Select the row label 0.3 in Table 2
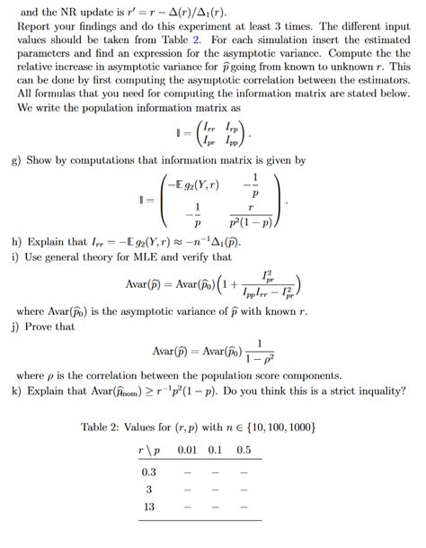click(x=149, y=470)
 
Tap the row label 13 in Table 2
click(x=149, y=507)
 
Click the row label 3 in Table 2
click(x=149, y=489)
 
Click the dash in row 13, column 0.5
click(x=244, y=508)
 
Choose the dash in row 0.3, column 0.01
click(x=187, y=471)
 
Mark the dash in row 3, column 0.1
click(x=217, y=490)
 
